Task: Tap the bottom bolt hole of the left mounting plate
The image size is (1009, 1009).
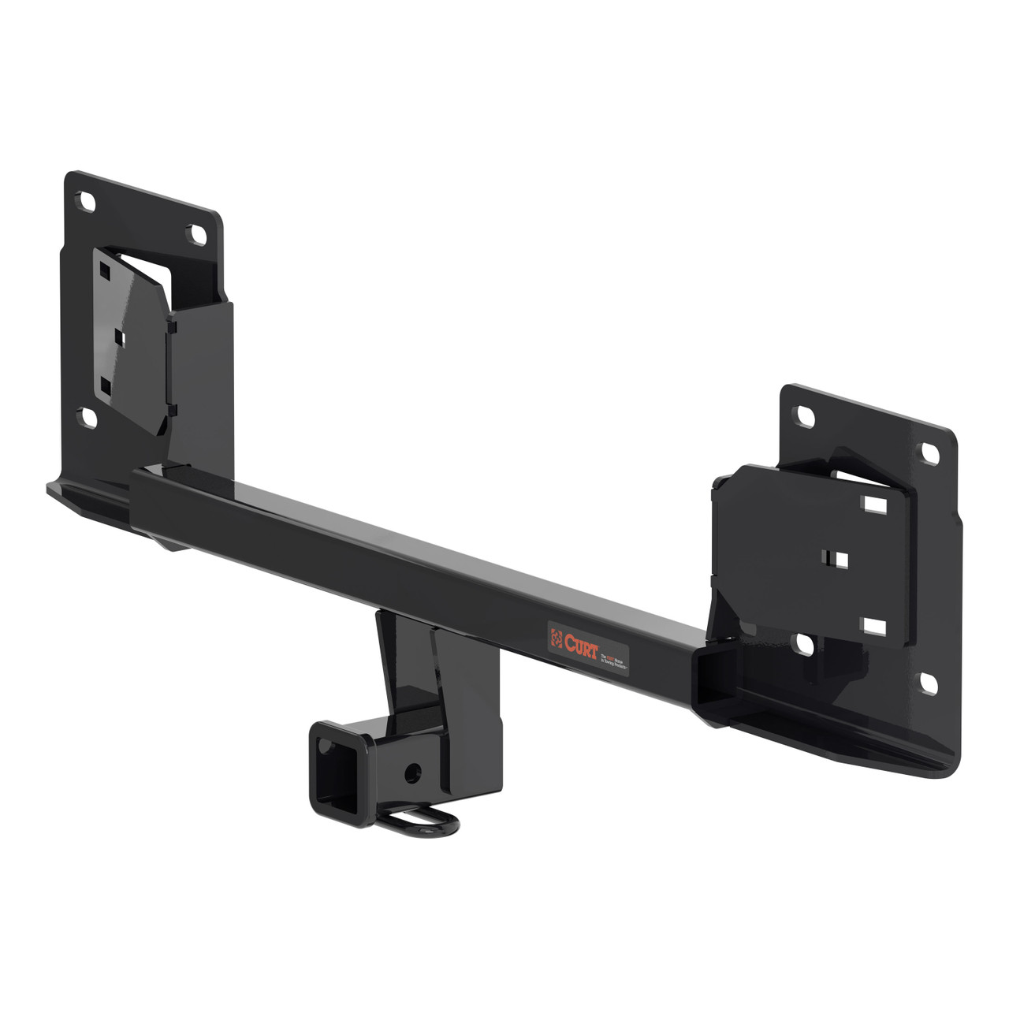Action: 89,416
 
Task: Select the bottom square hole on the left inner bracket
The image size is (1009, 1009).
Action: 104,385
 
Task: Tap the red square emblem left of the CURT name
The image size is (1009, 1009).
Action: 557,635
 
